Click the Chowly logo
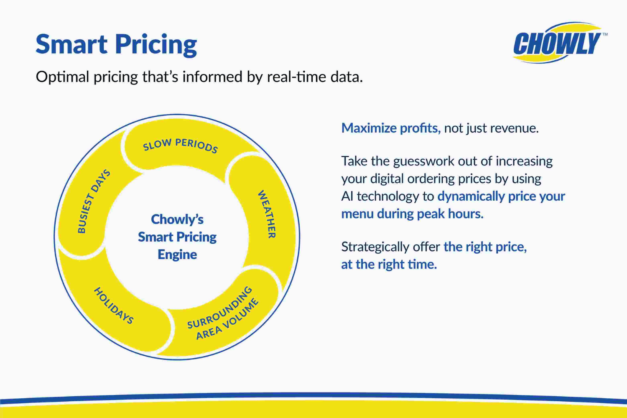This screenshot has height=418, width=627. tap(557, 43)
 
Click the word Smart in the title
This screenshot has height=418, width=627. tap(71, 44)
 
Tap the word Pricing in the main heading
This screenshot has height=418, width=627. tap(156, 45)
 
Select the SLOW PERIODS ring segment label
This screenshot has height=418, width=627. tap(180, 145)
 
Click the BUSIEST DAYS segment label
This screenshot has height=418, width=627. tap(94, 201)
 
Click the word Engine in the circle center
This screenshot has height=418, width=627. tap(177, 254)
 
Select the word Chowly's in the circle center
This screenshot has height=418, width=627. tap(177, 219)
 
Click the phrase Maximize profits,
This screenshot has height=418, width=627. tap(391, 128)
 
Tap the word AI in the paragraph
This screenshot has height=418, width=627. tap(347, 196)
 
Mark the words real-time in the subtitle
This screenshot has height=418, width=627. tap(296, 77)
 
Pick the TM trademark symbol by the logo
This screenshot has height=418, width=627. tap(605, 35)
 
